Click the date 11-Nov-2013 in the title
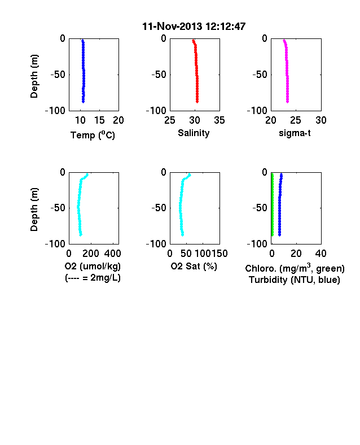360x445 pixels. click(172, 27)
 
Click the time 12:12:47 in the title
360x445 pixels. click(225, 27)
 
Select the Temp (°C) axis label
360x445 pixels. click(93, 135)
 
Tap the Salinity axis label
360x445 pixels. click(194, 133)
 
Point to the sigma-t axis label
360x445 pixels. click(295, 133)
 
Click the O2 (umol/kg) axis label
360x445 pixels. click(93, 266)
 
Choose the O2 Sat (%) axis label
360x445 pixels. click(194, 266)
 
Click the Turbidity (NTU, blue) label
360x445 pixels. click(295, 280)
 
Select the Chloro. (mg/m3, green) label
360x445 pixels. click(295, 268)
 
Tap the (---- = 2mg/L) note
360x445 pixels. click(93, 277)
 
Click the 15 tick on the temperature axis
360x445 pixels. click(99, 120)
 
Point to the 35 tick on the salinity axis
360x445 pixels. click(219, 120)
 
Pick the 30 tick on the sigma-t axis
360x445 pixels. click(321, 120)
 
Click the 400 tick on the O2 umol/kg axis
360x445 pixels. click(112, 253)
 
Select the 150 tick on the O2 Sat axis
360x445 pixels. click(219, 253)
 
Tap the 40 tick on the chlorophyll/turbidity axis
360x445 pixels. click(321, 253)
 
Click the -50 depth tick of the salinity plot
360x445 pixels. click(159, 75)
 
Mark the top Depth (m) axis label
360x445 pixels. click(34, 76)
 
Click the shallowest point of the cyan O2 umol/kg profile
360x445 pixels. click(87, 174)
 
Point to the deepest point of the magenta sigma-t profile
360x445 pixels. click(287, 102)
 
